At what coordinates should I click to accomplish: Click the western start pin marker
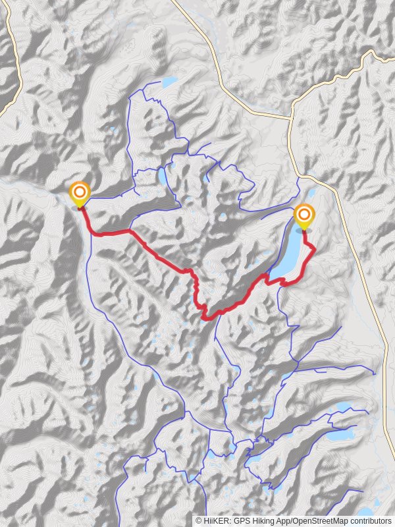click(79, 194)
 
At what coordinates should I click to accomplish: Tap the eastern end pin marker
click(303, 216)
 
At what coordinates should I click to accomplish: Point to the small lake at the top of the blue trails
click(169, 82)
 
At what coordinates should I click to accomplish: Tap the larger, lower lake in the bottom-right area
click(340, 435)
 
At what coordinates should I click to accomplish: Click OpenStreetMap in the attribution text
click(321, 520)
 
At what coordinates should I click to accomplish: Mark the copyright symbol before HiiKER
click(198, 520)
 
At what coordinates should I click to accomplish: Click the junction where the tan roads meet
click(290, 119)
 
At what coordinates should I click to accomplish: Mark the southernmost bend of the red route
click(207, 318)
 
